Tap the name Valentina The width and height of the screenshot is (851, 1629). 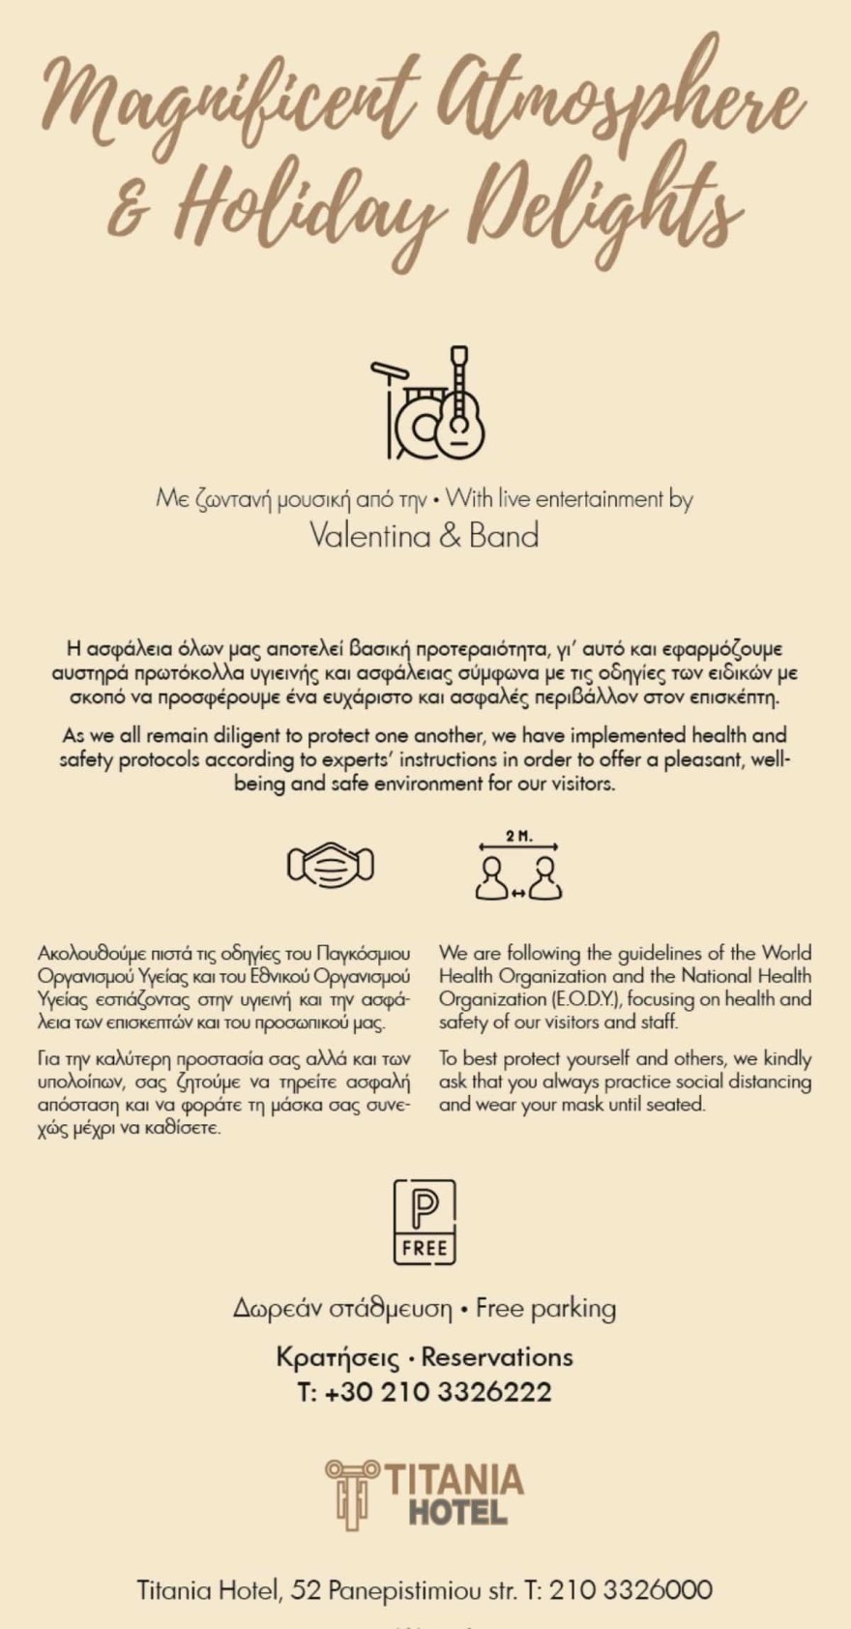(369, 536)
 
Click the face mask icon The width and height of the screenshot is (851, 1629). (331, 864)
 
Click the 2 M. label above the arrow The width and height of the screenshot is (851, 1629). (518, 836)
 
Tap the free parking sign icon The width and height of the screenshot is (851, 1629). (425, 1221)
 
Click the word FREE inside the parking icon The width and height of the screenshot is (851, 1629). (425, 1248)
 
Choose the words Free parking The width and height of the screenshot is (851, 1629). (546, 1308)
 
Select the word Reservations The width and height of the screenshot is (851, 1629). (497, 1357)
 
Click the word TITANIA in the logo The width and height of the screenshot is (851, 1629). (455, 1480)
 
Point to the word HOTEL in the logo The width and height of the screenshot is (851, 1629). (457, 1512)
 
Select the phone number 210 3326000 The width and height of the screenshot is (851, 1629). (631, 1590)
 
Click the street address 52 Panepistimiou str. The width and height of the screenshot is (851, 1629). (404, 1590)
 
